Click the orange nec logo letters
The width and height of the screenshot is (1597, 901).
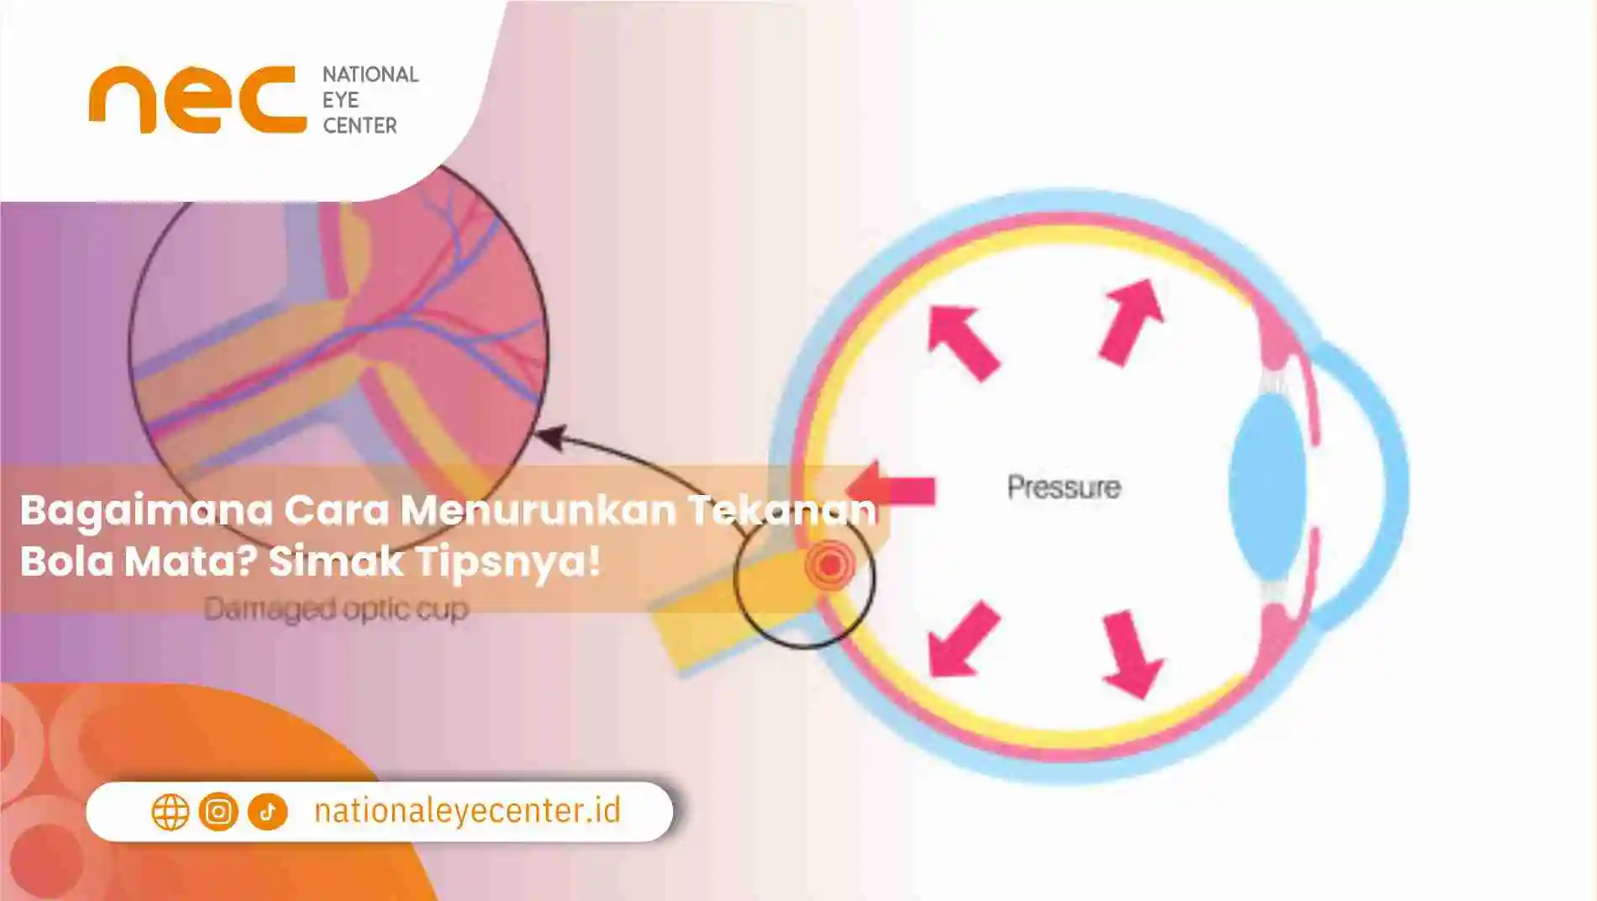click(x=197, y=100)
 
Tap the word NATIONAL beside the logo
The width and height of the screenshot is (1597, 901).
click(x=370, y=75)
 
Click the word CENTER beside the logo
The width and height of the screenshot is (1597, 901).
click(x=360, y=126)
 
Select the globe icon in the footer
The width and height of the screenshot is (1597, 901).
click(x=170, y=812)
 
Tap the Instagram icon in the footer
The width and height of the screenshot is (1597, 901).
click(x=218, y=812)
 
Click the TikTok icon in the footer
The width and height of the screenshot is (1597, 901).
click(x=268, y=812)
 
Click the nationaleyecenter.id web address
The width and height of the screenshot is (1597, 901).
click(x=467, y=811)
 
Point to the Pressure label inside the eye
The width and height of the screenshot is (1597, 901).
click(x=1064, y=487)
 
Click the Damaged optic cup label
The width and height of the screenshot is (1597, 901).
click(x=336, y=609)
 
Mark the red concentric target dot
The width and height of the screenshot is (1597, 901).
click(x=830, y=565)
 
